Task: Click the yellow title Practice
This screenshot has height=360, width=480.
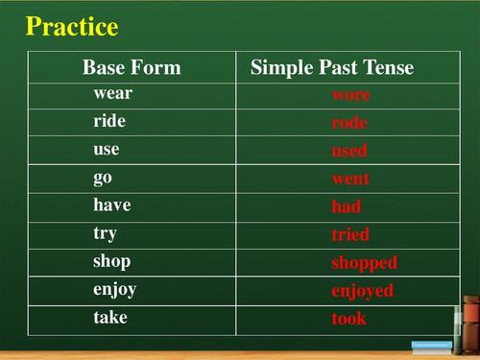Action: coord(72,27)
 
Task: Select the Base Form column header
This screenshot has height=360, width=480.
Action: coord(132,68)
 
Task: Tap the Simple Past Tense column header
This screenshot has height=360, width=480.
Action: coord(332,68)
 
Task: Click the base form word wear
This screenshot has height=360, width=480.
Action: coord(113,94)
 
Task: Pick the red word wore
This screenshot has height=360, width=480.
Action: coord(350,96)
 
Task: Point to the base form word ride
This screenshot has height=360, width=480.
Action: coord(109,122)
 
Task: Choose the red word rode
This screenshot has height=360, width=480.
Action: coord(349,124)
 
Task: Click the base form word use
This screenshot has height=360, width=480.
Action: coord(107,151)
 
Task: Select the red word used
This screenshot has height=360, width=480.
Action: coord(349,152)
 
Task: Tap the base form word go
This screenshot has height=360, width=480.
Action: coord(103,179)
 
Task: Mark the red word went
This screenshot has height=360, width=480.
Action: coord(350,180)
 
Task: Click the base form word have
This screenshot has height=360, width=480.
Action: coord(112,205)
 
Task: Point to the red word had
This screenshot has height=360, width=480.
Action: coord(347,207)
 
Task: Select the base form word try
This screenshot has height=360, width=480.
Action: coord(106,234)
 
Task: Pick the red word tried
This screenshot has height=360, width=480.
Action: coord(350,235)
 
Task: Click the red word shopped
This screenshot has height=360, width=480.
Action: coord(364,263)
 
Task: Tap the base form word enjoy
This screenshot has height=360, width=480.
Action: coord(115,290)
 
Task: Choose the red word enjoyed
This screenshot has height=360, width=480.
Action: coord(362,291)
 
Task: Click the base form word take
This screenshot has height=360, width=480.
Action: coord(110,317)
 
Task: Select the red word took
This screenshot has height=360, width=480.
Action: coord(349,319)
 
